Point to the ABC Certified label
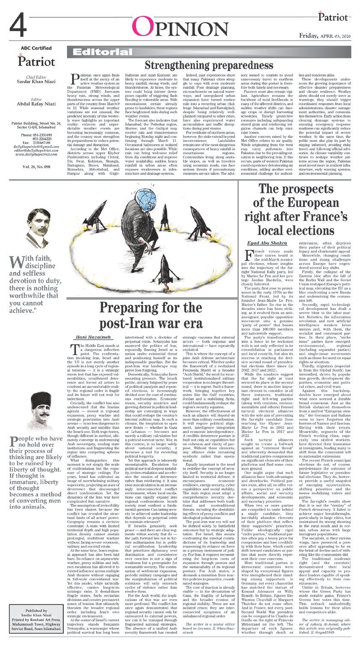[x=36, y=48]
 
